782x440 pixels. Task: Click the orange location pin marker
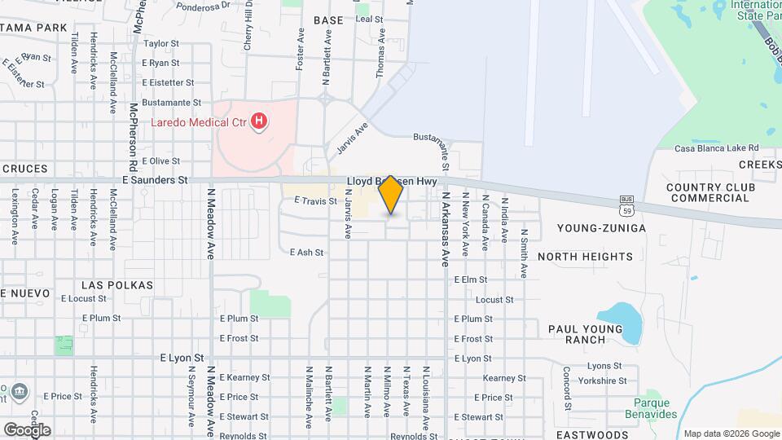click(391, 195)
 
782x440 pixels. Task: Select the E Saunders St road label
click(155, 179)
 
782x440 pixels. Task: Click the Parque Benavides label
click(656, 408)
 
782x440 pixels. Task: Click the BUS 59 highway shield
click(626, 200)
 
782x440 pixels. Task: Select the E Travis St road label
click(315, 200)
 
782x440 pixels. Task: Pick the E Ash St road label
click(306, 253)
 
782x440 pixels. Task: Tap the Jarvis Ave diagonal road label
click(352, 138)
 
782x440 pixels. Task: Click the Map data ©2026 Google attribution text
click(730, 433)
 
